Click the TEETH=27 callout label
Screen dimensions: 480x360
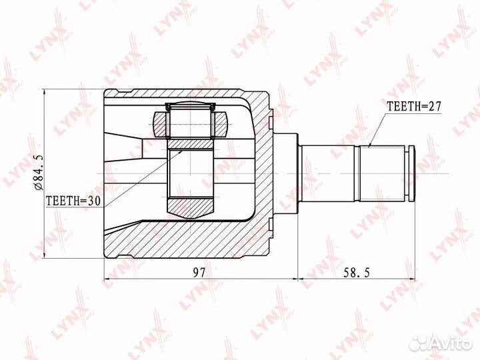tap(414, 106)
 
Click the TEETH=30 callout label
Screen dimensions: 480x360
tap(73, 201)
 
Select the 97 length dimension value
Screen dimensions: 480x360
tap(199, 272)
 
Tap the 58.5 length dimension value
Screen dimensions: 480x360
tap(356, 272)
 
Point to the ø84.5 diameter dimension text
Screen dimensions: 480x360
tap(39, 173)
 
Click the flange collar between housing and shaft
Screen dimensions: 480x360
tap(285, 174)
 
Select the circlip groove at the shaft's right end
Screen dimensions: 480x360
tap(407, 174)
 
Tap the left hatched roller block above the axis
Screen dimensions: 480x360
tap(161, 125)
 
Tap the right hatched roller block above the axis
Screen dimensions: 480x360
tap(220, 125)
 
